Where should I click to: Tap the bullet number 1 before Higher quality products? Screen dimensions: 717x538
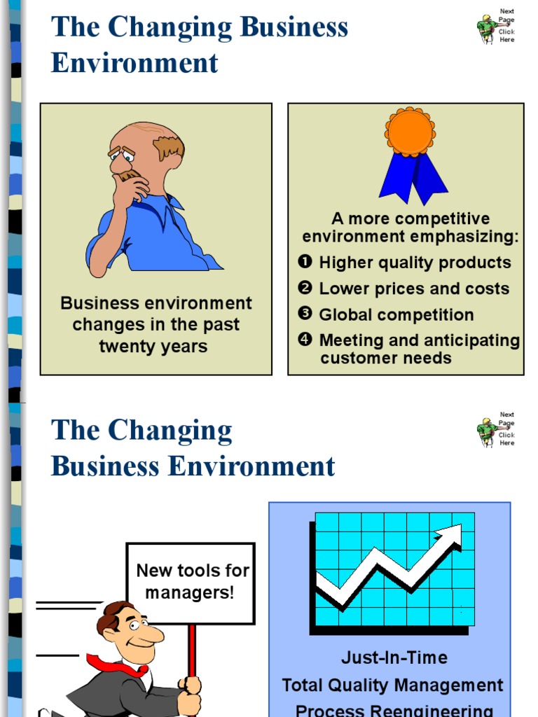pyautogui.click(x=305, y=262)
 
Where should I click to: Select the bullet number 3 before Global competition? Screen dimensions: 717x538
pyautogui.click(x=305, y=314)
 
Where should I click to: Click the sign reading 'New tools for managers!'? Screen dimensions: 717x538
pyautogui.click(x=191, y=582)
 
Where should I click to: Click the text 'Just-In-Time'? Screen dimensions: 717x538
pyautogui.click(x=394, y=657)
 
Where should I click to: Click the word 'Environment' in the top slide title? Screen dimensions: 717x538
pyautogui.click(x=134, y=63)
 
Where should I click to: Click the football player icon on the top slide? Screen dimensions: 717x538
pyautogui.click(x=487, y=28)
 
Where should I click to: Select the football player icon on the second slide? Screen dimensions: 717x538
pyautogui.click(x=487, y=431)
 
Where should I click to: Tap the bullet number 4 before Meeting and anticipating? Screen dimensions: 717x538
pyautogui.click(x=305, y=340)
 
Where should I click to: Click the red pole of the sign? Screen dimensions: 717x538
pyautogui.click(x=192, y=651)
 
